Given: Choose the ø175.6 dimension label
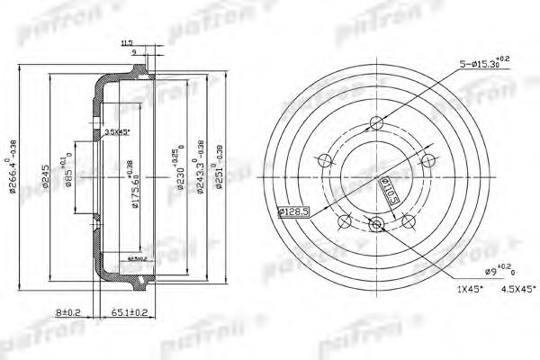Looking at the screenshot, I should [x=135, y=184].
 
